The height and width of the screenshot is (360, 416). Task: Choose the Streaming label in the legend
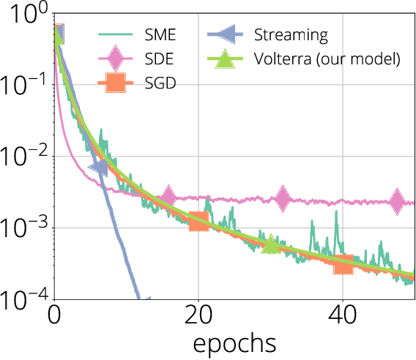coord(290,34)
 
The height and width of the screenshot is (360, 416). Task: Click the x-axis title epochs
coord(234,342)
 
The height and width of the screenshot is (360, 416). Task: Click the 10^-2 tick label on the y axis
coord(23,156)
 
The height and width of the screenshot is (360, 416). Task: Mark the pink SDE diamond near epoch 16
coord(168,196)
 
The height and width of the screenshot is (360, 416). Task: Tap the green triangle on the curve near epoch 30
coord(270,245)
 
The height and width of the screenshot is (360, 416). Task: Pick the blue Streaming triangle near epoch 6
coord(99,168)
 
